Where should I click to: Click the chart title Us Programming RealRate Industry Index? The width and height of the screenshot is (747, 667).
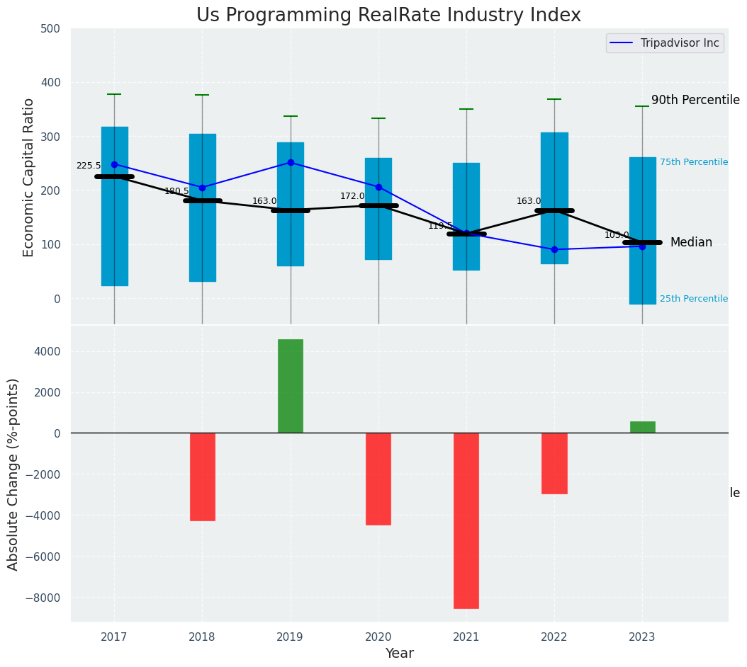[388, 16]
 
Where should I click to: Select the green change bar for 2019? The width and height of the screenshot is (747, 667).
[291, 386]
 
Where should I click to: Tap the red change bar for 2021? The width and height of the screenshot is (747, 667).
[466, 520]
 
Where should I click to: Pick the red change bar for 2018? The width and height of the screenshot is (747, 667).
[203, 477]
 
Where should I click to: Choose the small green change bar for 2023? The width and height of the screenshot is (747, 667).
[642, 427]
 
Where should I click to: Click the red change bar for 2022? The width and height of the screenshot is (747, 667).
[554, 463]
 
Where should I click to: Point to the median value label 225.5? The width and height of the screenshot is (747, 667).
[89, 166]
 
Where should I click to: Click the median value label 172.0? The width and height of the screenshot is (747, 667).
[352, 196]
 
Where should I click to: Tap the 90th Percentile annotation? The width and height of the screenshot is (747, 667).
[695, 101]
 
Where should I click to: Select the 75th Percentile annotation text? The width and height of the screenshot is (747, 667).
[693, 162]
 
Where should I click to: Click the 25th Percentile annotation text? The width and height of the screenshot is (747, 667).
[693, 299]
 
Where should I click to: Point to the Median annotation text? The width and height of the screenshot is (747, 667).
[691, 243]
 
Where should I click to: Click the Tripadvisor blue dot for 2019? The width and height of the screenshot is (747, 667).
[291, 162]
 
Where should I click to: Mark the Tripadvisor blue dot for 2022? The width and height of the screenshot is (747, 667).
[554, 249]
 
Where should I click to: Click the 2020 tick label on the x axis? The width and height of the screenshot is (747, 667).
[378, 637]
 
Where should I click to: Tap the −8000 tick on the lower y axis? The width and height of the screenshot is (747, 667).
[43, 598]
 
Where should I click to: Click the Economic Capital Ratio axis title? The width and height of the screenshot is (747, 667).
[29, 177]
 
